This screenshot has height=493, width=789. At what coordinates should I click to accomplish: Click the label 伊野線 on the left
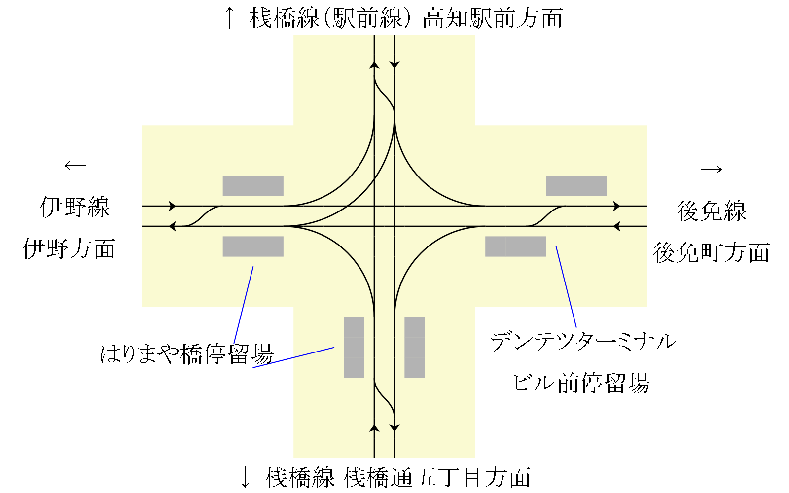75,208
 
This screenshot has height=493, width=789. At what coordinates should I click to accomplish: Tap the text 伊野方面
69,249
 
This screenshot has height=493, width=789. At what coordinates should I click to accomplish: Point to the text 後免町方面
712,253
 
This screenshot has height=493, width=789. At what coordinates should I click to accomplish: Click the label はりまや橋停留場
186,354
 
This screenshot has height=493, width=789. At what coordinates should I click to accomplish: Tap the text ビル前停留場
582,383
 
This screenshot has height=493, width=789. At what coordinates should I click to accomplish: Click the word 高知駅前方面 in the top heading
493,19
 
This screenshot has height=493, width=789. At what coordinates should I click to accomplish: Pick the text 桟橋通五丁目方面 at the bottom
436,477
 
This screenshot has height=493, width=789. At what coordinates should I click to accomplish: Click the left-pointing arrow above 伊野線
75,166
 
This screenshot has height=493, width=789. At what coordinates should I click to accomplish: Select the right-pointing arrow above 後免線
712,170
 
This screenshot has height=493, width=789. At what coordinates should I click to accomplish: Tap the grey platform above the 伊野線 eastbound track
253,186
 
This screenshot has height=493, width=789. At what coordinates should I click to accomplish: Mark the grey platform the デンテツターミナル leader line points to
515,246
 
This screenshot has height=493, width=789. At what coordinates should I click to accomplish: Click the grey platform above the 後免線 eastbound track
576,186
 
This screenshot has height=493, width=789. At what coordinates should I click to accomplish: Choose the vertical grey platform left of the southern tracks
354,347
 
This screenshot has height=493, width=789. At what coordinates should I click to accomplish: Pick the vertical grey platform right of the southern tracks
415,347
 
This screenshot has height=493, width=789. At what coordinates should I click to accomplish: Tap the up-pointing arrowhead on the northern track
374,65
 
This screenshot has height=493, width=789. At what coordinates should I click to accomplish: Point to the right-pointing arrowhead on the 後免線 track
616,206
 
